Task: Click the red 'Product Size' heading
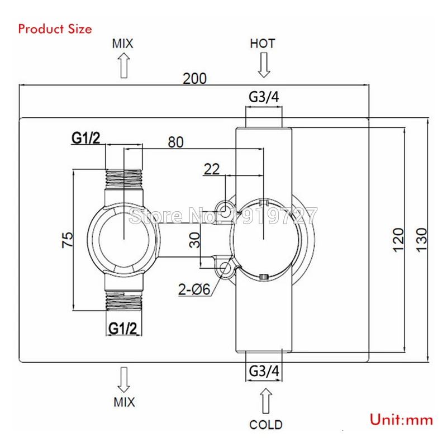[55, 29]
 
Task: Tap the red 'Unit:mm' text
[401, 420]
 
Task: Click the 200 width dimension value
[194, 78]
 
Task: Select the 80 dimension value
[175, 142]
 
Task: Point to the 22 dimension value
[212, 169]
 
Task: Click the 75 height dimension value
[67, 240]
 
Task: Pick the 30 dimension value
[194, 240]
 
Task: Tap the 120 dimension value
[398, 240]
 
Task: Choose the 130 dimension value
[422, 240]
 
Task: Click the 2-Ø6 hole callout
[194, 289]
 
